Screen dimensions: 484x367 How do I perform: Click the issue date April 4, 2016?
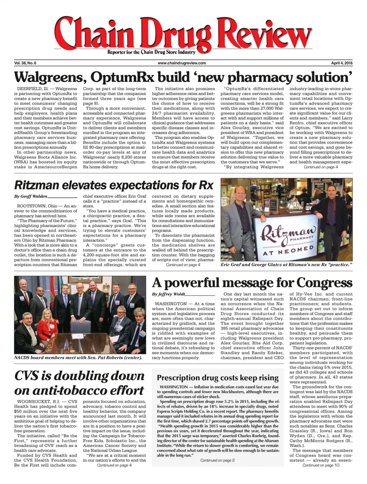tap(342, 63)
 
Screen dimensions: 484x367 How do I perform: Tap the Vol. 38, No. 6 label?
tap(25, 63)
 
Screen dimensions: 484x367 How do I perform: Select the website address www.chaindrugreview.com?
tap(182, 63)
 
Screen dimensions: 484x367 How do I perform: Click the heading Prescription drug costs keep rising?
tap(217, 378)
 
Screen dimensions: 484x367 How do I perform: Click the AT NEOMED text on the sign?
tap(284, 251)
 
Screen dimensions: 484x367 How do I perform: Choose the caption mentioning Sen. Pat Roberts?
tap(78, 358)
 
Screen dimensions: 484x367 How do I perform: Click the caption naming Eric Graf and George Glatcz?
tap(286, 265)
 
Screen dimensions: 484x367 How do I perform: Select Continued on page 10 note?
tap(321, 465)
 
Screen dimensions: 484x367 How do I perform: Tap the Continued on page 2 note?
tap(217, 460)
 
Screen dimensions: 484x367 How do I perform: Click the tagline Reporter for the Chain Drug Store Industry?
tap(151, 52)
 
